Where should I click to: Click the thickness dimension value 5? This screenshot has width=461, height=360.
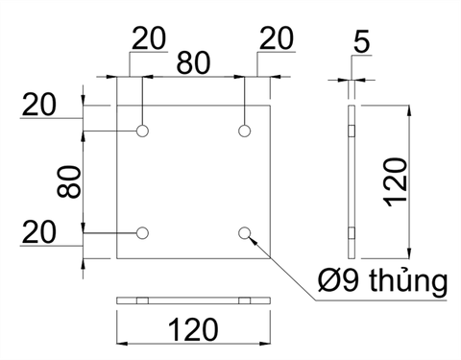point(362,41)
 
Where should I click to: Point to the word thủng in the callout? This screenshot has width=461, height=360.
point(408,281)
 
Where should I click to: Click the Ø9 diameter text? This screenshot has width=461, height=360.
point(338,280)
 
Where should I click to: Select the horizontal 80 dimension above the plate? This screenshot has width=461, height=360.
point(193,62)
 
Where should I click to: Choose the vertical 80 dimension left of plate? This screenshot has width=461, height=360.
point(68,181)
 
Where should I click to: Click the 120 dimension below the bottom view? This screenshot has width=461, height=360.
point(193,329)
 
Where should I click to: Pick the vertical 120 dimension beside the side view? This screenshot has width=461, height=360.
point(396,181)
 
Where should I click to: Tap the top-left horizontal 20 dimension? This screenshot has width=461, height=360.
point(149,38)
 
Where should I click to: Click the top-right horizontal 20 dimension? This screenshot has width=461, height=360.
point(277,38)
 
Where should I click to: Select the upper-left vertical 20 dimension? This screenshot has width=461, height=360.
point(39,105)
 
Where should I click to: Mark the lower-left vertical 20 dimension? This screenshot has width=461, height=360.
point(39,232)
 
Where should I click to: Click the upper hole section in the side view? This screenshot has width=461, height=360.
point(352,131)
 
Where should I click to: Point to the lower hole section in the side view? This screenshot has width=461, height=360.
point(352,233)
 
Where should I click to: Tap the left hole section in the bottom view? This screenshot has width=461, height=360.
point(142,300)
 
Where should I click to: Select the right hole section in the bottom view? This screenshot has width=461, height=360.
point(245,300)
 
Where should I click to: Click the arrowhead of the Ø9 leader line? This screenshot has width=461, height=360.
point(253,240)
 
